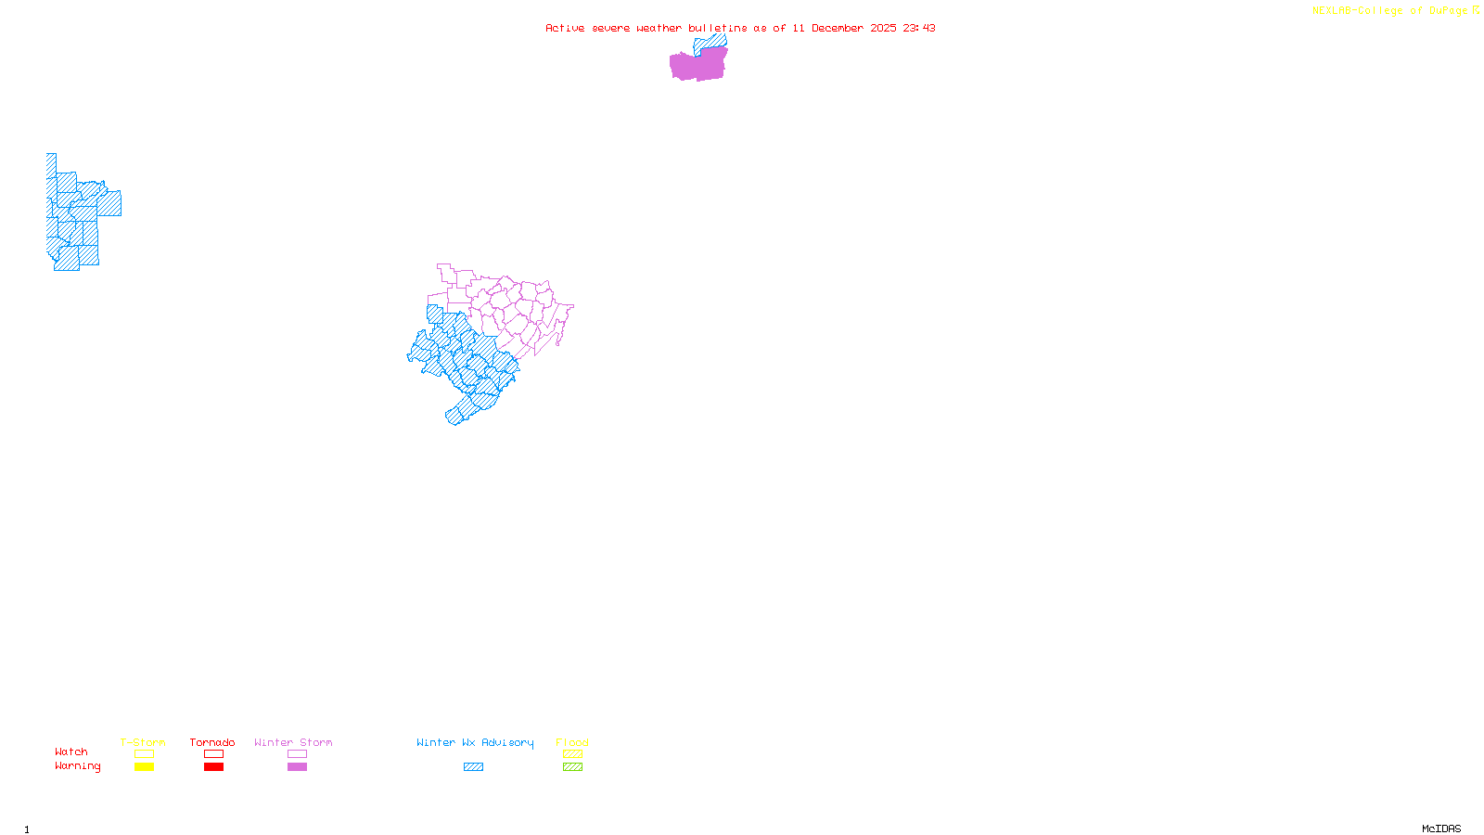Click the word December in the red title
[838, 28]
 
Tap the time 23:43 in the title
[918, 28]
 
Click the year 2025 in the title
[883, 28]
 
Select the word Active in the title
[565, 28]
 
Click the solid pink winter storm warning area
[697, 65]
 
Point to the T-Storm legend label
[143, 742]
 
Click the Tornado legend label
[212, 742]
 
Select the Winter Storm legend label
[293, 742]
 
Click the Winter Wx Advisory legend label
[475, 742]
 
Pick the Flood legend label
[572, 742]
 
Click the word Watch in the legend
[71, 751]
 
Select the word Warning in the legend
[78, 766]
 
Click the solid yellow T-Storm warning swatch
[144, 767]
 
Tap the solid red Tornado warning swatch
[213, 767]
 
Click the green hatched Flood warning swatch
[572, 767]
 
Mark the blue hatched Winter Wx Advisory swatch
[473, 767]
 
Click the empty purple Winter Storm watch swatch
[297, 754]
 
